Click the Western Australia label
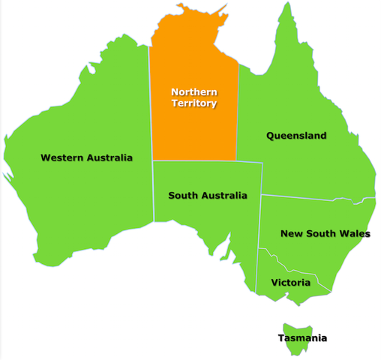(86, 157)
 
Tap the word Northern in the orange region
(194, 92)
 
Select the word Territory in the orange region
(194, 103)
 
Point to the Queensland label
(296, 136)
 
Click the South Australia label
(207, 196)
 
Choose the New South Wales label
(325, 233)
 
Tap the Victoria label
(290, 283)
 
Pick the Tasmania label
(302, 338)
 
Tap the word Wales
(355, 233)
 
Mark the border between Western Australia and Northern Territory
(150, 105)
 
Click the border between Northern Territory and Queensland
(238, 112)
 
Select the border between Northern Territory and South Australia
(195, 160)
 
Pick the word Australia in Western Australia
(109, 157)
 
